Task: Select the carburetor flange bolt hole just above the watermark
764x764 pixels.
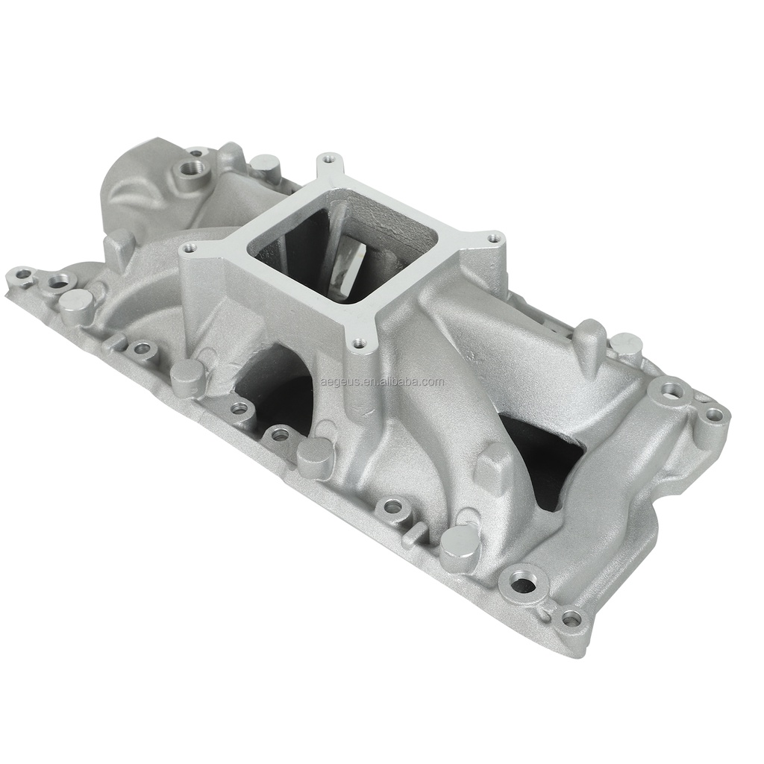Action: [x=359, y=344]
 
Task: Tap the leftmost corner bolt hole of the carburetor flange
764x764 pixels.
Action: [x=188, y=247]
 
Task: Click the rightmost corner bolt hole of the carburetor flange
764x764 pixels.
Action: [x=492, y=239]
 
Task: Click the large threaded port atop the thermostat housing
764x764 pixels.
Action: [x=198, y=154]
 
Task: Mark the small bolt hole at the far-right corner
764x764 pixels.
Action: [x=714, y=414]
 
